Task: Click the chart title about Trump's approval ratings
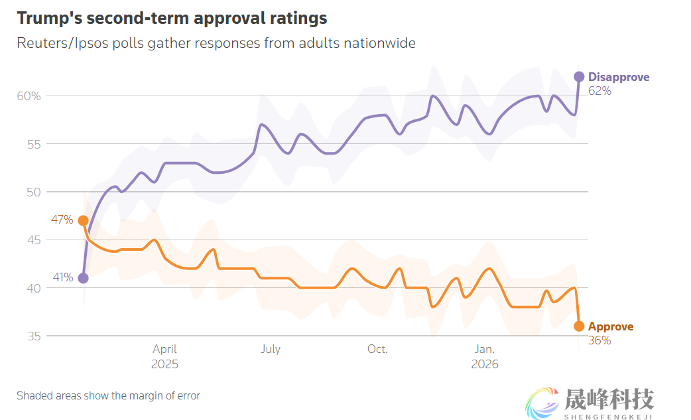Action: coord(172,18)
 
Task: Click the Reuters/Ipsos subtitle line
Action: coord(216,43)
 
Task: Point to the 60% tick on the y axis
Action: coord(29,96)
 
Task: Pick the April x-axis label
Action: coord(164,349)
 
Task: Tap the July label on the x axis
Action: coord(271,349)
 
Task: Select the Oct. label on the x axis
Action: coord(377,349)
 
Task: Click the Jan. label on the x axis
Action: coord(484,349)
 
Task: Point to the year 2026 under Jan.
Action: coord(485,364)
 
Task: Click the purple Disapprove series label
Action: coord(619,77)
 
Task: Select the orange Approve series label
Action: coord(611,326)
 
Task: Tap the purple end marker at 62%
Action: coord(579,76)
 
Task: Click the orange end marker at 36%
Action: coord(579,326)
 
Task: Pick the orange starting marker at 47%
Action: coord(83,220)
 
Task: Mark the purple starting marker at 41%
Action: coord(83,278)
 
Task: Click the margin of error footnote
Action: coord(108,395)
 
